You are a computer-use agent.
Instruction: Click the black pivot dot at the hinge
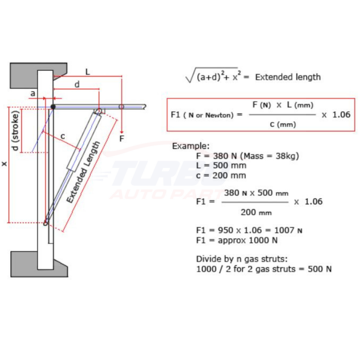click(53, 107)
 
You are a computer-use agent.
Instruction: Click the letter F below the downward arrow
click(122, 139)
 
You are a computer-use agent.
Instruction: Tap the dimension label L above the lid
click(88, 71)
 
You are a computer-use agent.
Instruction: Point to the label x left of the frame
click(5, 164)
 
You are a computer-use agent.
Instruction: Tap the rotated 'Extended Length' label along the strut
click(83, 172)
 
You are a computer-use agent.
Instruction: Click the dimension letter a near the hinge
click(33, 94)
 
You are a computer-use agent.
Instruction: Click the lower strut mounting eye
click(46, 223)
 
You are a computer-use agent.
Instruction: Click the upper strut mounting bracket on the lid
click(99, 111)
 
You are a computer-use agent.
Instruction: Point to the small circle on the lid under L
click(121, 107)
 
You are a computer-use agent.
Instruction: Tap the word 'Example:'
click(191, 146)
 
